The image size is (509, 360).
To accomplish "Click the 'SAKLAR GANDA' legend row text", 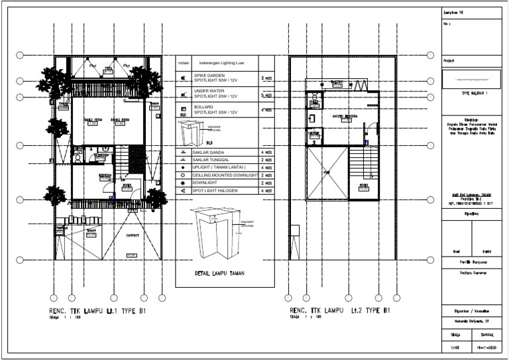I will pos(207,152).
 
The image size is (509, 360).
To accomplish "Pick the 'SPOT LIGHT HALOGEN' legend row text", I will pos(216,191).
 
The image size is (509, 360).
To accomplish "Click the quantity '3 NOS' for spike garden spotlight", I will pos(266,79).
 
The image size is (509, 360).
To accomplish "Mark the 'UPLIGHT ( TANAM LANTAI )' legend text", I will pos(219,168).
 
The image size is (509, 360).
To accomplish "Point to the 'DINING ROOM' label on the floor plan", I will pos(119,119).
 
